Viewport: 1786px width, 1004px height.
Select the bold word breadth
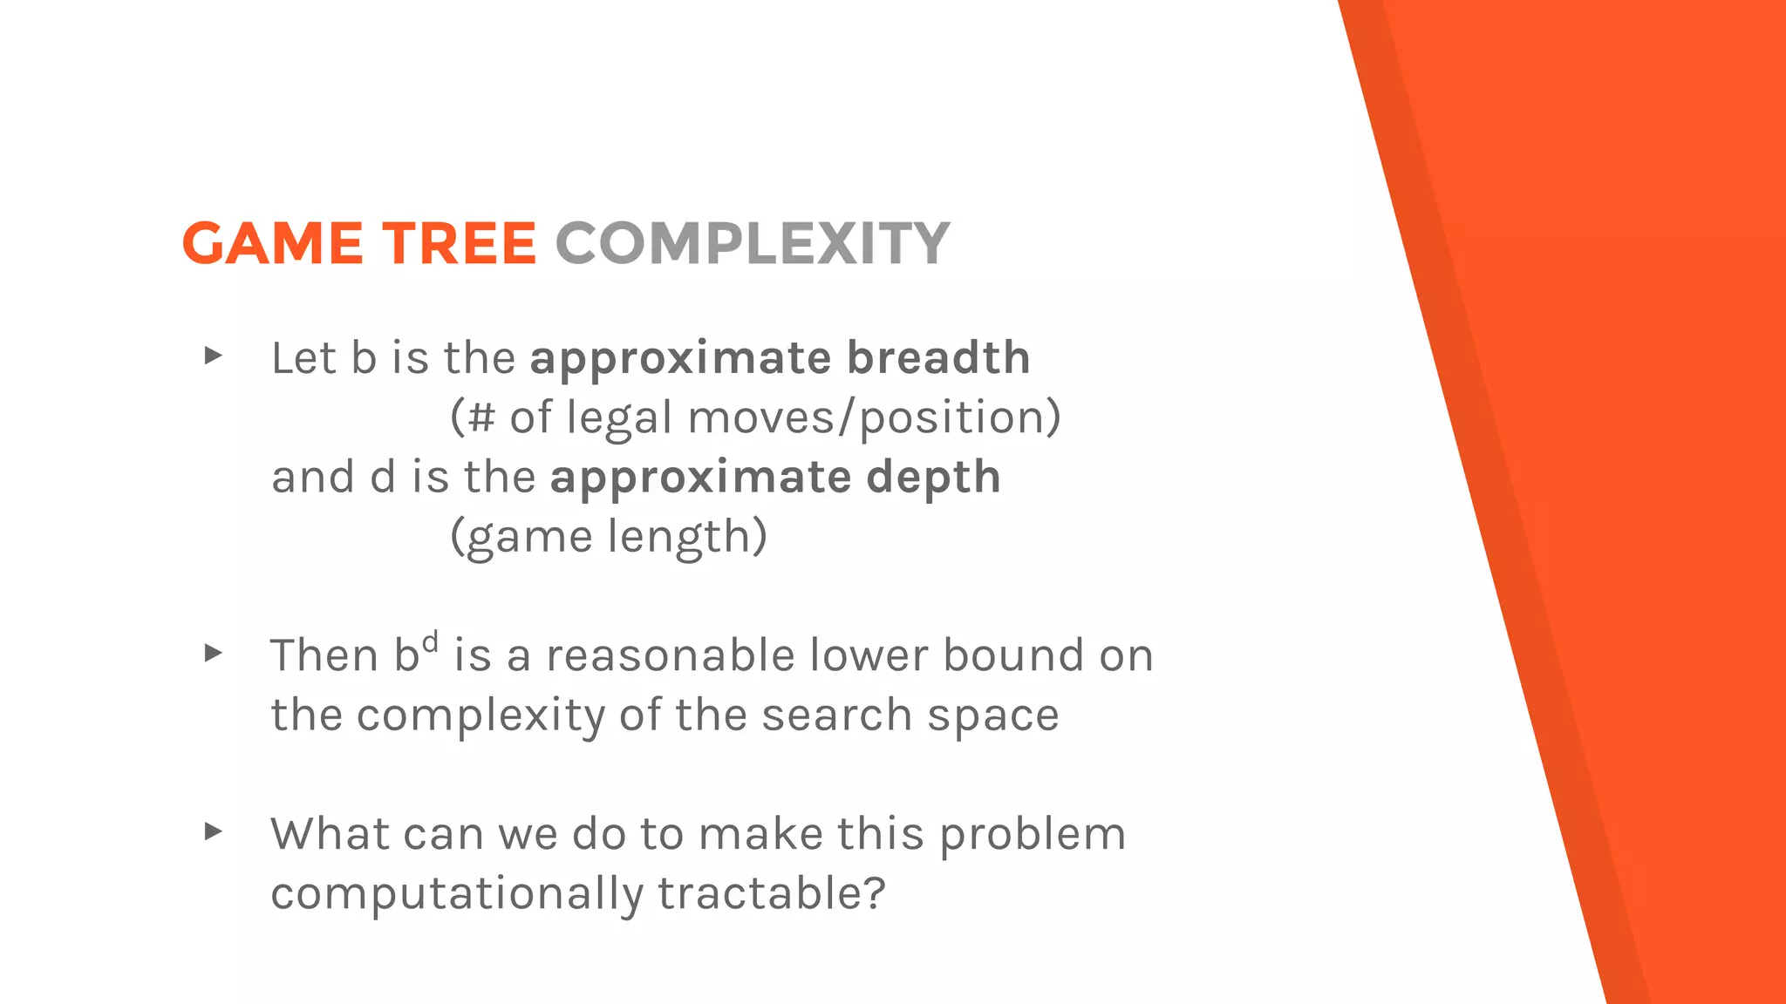pyautogui.click(x=938, y=357)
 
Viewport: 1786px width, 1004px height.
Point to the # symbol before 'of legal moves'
pyautogui.click(x=481, y=417)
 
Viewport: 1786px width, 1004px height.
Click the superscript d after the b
pyautogui.click(x=430, y=643)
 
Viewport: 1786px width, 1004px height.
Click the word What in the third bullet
pyautogui.click(x=329, y=834)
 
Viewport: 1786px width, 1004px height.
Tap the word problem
pyautogui.click(x=1033, y=835)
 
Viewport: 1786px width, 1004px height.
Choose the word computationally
pyautogui.click(x=457, y=894)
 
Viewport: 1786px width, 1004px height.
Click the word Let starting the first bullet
pyautogui.click(x=303, y=357)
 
